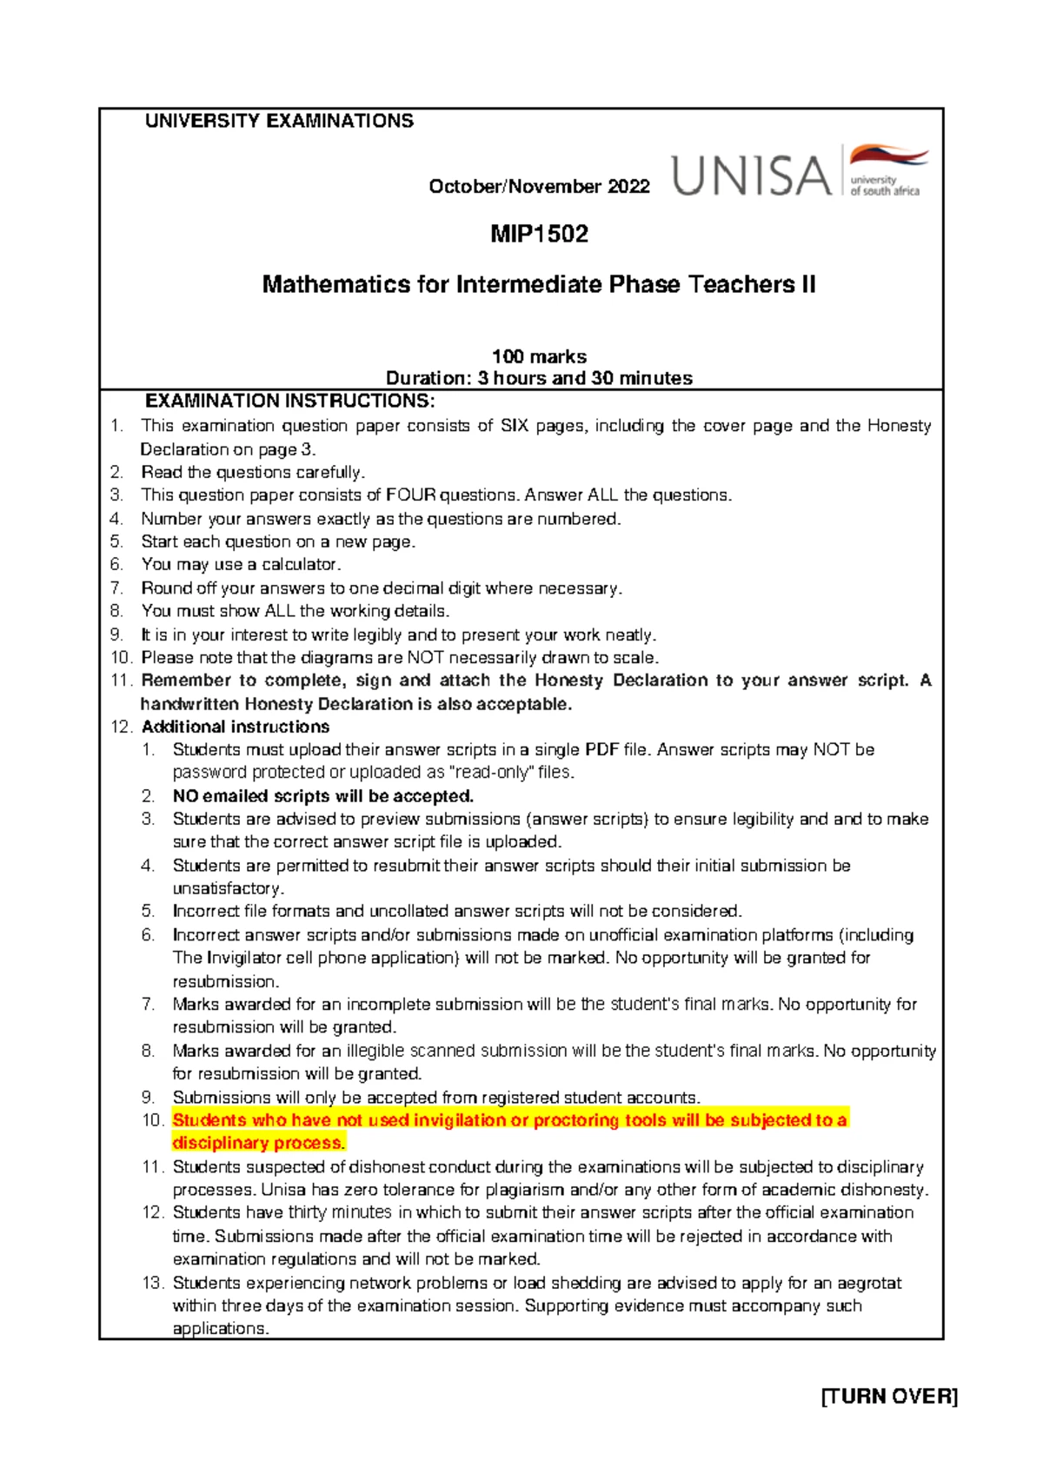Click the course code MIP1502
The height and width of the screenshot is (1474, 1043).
pyautogui.click(x=539, y=234)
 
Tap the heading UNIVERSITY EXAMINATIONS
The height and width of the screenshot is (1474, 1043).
pyautogui.click(x=279, y=121)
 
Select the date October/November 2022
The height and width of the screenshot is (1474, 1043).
pyautogui.click(x=539, y=187)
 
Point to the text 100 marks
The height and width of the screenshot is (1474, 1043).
pyautogui.click(x=539, y=356)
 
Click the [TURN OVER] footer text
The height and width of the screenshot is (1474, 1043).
pyautogui.click(x=889, y=1397)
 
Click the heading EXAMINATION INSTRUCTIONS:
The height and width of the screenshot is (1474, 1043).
pyautogui.click(x=289, y=401)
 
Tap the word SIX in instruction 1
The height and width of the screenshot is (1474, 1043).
pyautogui.click(x=515, y=426)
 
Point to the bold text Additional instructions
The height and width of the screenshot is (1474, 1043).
pyautogui.click(x=236, y=727)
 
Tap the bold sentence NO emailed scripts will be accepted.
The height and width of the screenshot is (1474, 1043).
pyautogui.click(x=323, y=796)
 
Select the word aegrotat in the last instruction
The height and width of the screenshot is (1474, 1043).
pyautogui.click(x=870, y=1283)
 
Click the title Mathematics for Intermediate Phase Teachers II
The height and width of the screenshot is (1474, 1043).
pyautogui.click(x=539, y=285)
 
